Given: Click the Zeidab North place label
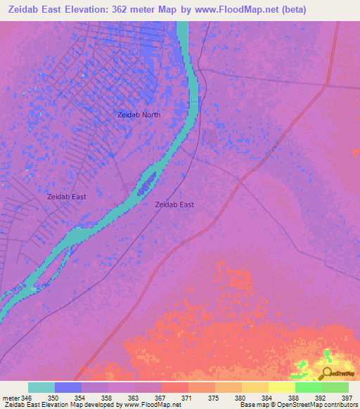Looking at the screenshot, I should [139, 115].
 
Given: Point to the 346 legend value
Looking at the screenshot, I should [27, 398].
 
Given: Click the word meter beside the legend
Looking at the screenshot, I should [10, 398].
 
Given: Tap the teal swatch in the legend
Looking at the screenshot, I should [41, 387].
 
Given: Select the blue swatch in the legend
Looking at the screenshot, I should [68, 387].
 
